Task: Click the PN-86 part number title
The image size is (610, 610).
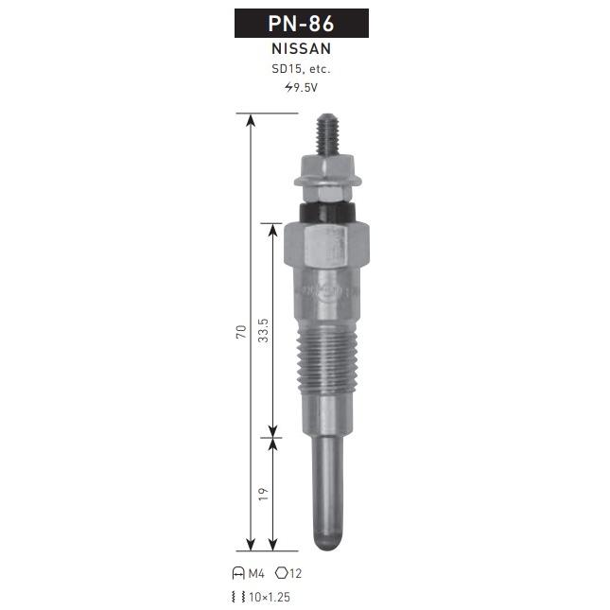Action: coord(301,24)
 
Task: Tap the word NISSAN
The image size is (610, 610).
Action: coord(302,48)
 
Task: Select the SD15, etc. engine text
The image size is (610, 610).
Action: coord(301,69)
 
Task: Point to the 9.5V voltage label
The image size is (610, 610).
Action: coord(305,88)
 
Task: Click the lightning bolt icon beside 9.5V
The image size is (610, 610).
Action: coord(288,87)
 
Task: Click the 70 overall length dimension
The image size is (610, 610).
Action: coord(241,332)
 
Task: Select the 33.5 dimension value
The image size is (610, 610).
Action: coord(263,330)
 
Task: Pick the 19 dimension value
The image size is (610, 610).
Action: coord(263,494)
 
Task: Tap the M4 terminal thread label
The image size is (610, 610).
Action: coord(256,573)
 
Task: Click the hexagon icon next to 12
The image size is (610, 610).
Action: coord(281,573)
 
